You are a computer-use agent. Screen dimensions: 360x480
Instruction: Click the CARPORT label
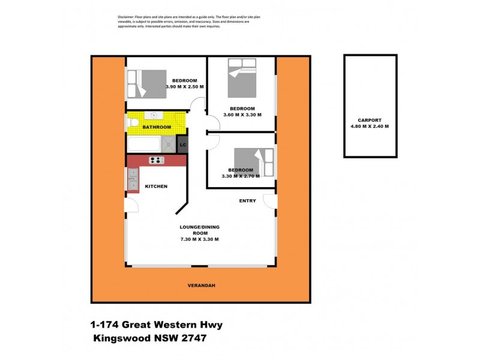(x=370, y=119)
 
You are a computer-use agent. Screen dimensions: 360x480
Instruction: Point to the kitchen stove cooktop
(x=157, y=160)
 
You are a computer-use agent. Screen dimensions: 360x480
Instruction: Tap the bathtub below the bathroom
(x=144, y=144)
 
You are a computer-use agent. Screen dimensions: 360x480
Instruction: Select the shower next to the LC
(x=169, y=144)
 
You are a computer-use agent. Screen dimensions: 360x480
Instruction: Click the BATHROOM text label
(x=156, y=127)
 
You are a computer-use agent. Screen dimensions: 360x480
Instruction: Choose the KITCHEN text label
(x=156, y=187)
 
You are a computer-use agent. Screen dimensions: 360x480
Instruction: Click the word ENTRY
(x=247, y=201)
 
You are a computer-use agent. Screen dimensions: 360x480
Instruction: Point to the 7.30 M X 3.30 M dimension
(x=199, y=239)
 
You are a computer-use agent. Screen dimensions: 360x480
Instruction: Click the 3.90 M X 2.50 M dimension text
(x=185, y=87)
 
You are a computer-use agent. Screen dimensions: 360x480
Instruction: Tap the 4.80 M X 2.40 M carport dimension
(x=370, y=126)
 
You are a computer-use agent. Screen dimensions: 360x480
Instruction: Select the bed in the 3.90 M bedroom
(x=147, y=84)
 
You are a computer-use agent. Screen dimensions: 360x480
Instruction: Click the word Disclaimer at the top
(x=126, y=17)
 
